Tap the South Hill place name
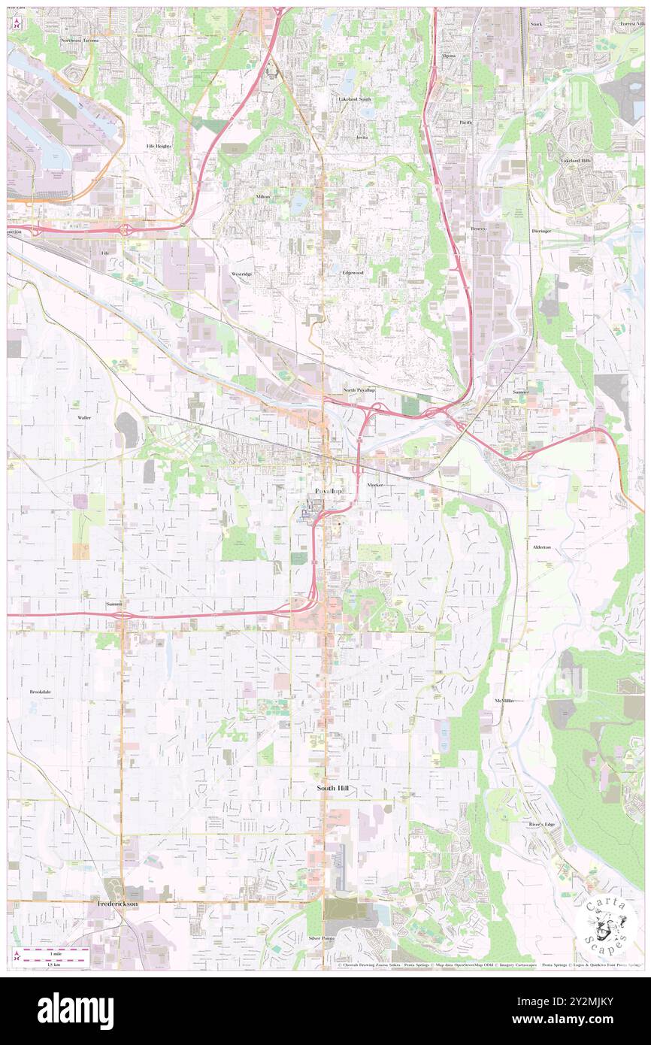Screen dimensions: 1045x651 pos(332,788)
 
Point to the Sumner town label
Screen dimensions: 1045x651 pos(521,392)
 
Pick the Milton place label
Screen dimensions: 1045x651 pos(262,197)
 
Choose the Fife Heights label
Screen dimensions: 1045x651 pos(159,146)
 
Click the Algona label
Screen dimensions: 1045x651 pos(448,56)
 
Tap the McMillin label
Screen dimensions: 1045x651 pos(504,701)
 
